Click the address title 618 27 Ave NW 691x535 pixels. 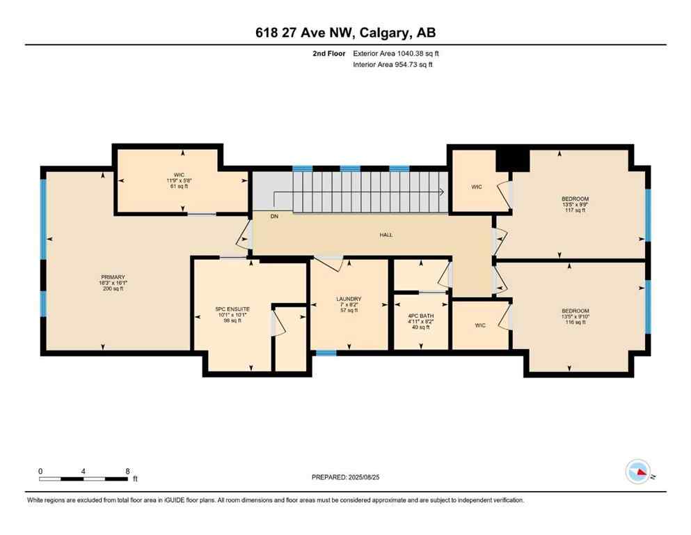pyautogui.click(x=345, y=33)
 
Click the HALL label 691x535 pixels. pyautogui.click(x=386, y=235)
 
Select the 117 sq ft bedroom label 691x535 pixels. pyautogui.click(x=575, y=204)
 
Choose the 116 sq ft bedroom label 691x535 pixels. pyautogui.click(x=575, y=316)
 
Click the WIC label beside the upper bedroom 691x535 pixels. pyautogui.click(x=476, y=187)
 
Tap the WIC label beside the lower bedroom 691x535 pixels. pyautogui.click(x=480, y=325)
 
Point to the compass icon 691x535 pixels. pyautogui.click(x=638, y=472)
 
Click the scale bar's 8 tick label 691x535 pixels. pyautogui.click(x=127, y=471)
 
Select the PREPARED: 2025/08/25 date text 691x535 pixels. pyautogui.click(x=345, y=477)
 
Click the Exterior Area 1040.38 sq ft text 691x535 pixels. pyautogui.click(x=396, y=53)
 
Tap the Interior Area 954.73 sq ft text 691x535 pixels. pyautogui.click(x=395, y=65)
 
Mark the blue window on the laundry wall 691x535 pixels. pyautogui.click(x=326, y=352)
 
